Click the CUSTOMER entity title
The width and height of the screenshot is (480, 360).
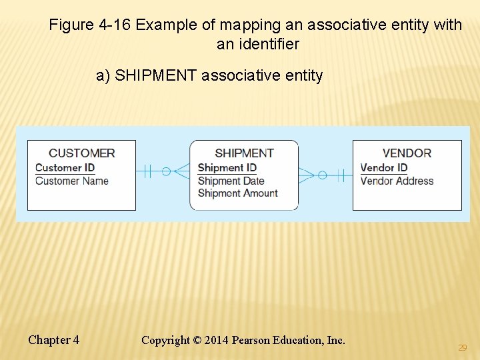(x=81, y=153)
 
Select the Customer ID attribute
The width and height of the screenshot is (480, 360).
(x=65, y=168)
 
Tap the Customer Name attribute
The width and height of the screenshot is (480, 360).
(x=71, y=181)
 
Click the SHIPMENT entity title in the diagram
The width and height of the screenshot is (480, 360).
(x=244, y=153)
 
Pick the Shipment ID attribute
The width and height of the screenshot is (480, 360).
(x=227, y=168)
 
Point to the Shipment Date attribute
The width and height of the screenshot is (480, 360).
(x=231, y=181)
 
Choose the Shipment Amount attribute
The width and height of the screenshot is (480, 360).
(x=237, y=193)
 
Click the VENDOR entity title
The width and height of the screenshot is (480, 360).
(x=407, y=153)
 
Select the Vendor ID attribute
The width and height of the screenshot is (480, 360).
(x=383, y=168)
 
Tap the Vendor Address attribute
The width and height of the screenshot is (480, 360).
(x=397, y=181)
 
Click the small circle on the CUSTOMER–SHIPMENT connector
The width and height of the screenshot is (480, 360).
(x=166, y=171)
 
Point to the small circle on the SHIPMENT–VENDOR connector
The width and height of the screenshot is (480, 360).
(x=322, y=175)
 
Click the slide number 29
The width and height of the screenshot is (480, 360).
(x=462, y=348)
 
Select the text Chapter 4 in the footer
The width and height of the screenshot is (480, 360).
(x=53, y=340)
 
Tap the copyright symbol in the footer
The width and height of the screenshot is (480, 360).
(x=197, y=341)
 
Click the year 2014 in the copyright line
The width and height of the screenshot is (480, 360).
(x=217, y=341)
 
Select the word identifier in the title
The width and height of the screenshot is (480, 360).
(x=267, y=45)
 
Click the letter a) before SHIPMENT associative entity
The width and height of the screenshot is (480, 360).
(x=103, y=75)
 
